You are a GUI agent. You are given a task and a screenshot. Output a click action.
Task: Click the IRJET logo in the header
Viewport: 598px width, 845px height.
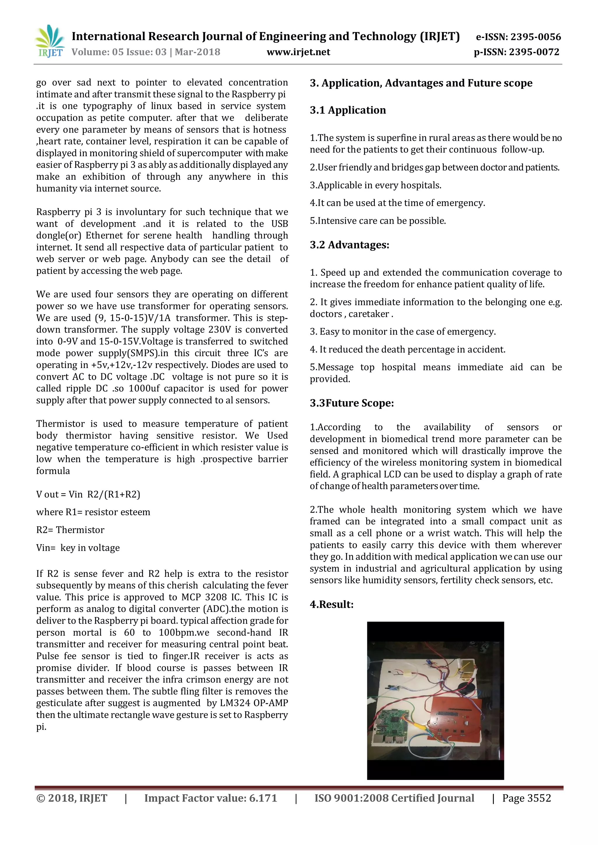pos(50,41)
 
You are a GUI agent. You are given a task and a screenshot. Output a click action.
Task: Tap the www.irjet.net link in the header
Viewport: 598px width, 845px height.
pos(298,52)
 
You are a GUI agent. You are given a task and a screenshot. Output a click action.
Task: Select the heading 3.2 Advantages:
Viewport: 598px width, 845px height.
pos(349,245)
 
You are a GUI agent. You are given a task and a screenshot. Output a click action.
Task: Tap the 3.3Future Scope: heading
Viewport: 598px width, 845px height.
pos(352,403)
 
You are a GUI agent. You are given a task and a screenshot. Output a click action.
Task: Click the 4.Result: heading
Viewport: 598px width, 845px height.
pos(331,604)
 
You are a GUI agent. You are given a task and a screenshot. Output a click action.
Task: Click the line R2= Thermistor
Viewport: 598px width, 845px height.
pos(70,530)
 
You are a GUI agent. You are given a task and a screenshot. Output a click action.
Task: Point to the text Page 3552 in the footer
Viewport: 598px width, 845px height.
pos(526,798)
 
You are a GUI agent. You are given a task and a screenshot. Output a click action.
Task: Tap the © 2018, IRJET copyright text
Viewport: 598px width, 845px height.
pos(72,798)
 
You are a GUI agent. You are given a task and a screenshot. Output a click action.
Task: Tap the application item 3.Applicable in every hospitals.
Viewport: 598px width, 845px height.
pos(375,185)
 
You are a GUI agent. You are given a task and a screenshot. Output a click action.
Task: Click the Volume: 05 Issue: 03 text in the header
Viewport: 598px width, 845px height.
pos(119,52)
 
